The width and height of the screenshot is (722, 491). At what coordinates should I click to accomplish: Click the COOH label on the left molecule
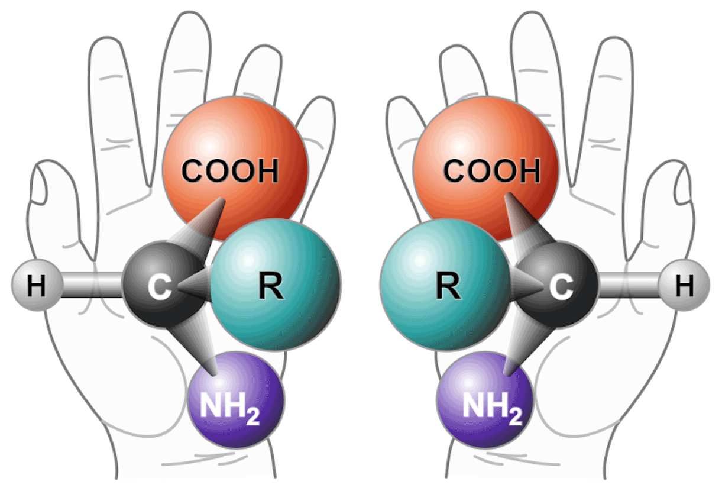(x=230, y=170)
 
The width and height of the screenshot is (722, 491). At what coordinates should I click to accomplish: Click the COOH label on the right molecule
(x=492, y=170)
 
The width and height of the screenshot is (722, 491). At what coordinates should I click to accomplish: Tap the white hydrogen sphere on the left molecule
(x=37, y=285)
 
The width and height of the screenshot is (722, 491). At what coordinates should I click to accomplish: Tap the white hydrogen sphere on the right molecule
(x=684, y=285)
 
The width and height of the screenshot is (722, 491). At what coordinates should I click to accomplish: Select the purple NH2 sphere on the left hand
(x=236, y=400)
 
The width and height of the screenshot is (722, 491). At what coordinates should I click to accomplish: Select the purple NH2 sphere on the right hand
(x=485, y=400)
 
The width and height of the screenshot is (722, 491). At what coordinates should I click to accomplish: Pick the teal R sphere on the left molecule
(x=276, y=285)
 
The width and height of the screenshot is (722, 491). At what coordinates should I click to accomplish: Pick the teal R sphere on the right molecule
(x=445, y=285)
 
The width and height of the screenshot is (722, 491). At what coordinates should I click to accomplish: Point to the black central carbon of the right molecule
(x=556, y=285)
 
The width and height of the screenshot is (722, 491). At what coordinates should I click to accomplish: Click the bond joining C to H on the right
(x=629, y=285)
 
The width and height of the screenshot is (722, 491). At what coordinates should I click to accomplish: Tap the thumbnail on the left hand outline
(x=38, y=185)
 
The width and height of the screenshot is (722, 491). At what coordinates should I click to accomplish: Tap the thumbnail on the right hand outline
(x=682, y=185)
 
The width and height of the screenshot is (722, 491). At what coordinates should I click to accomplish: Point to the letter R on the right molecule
(x=448, y=286)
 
